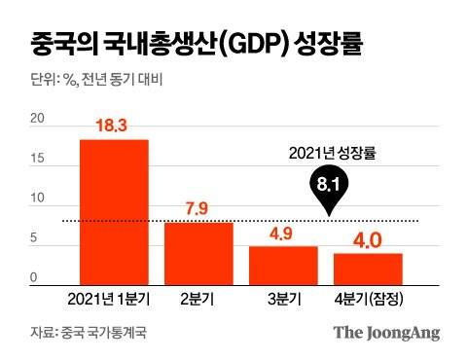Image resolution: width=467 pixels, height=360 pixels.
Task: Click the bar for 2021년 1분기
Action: (x=114, y=211)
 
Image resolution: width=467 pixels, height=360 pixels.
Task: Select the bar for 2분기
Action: (x=198, y=252)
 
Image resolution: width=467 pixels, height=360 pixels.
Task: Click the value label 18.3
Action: (x=114, y=126)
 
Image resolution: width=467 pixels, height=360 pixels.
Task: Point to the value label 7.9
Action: (x=198, y=208)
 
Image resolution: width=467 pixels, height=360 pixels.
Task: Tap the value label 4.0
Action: (x=368, y=237)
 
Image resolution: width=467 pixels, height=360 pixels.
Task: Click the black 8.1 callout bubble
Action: (x=331, y=184)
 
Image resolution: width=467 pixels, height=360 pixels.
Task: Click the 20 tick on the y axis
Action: (x=38, y=119)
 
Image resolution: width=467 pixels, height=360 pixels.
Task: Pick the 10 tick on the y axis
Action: (x=38, y=199)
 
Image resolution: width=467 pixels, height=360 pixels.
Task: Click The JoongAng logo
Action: (x=386, y=333)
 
